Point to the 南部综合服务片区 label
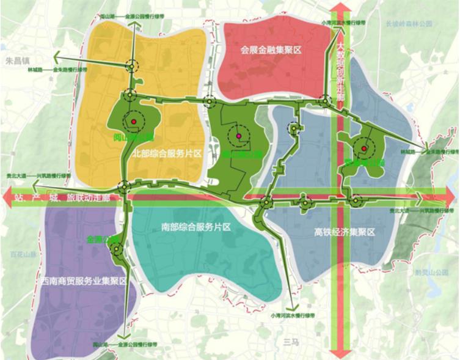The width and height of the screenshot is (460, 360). pyautogui.click(x=195, y=227)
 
